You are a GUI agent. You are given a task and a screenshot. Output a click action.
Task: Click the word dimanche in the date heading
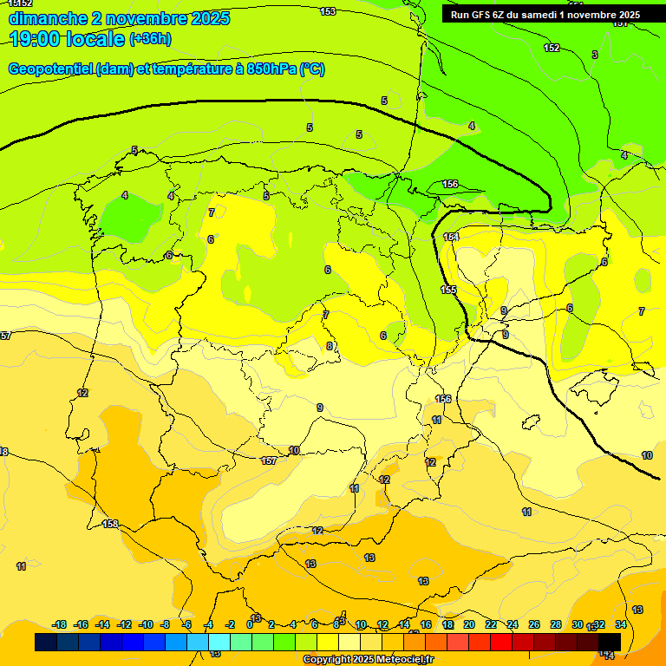tap(48, 18)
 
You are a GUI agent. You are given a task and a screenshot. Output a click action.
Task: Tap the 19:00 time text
tap(36, 39)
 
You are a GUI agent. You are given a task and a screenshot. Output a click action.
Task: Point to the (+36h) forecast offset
tap(151, 39)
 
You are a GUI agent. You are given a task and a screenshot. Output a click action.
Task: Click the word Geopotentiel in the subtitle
tap(50, 69)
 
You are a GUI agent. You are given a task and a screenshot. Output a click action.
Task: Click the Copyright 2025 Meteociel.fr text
tap(368, 660)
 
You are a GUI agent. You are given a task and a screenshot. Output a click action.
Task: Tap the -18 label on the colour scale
tap(60, 624)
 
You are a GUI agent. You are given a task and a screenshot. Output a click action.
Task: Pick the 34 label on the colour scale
tap(621, 624)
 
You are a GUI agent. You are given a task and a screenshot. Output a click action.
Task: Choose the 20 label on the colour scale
tap(469, 624)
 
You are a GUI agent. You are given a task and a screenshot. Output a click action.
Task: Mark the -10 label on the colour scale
tap(146, 624)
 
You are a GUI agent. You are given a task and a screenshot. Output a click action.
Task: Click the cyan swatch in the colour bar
tap(219, 643)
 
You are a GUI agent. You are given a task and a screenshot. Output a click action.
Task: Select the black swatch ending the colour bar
tap(610, 643)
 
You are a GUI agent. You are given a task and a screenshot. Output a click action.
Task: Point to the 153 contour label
tap(328, 11)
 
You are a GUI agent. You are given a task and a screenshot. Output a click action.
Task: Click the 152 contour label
tap(552, 48)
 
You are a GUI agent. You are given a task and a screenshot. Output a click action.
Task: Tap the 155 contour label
tap(448, 290)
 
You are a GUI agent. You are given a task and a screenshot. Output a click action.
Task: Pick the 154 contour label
tap(451, 237)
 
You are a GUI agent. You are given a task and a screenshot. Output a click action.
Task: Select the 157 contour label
tap(269, 460)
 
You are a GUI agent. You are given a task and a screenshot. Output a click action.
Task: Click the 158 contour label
tap(110, 524)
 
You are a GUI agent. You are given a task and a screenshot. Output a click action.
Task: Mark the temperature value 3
tap(594, 55)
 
